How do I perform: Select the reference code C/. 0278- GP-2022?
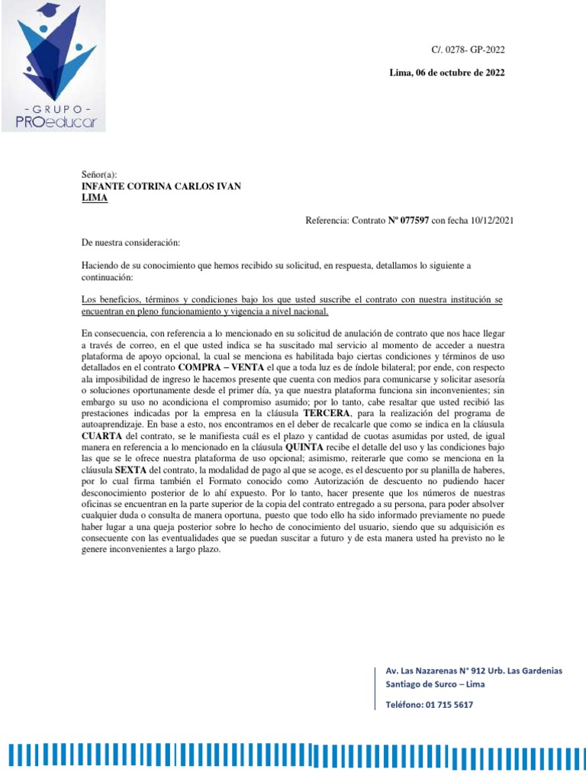[x=468, y=50]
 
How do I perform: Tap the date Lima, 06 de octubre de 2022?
[x=446, y=73]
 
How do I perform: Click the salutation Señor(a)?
[x=100, y=175]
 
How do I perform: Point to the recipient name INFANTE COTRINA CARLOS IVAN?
[x=161, y=186]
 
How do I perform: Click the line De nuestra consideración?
[x=130, y=243]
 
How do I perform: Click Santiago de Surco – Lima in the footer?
[x=435, y=684]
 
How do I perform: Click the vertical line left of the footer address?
[x=377, y=687]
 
